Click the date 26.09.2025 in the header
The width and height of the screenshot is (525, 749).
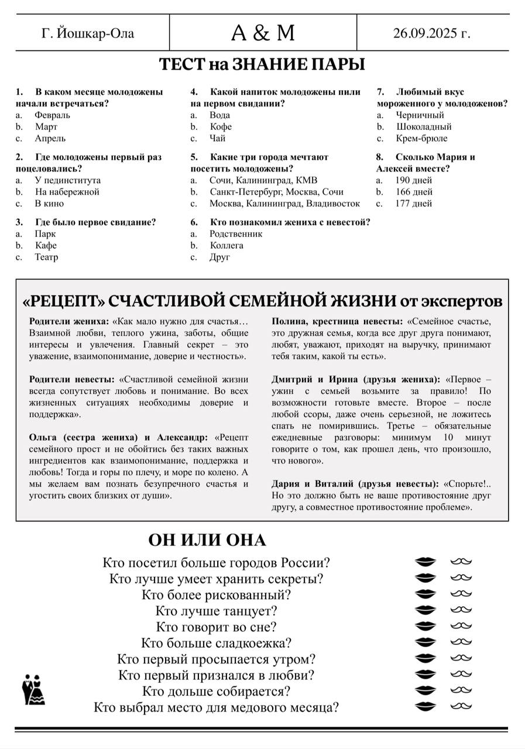[x=432, y=33]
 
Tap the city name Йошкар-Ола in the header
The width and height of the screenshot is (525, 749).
[x=88, y=33]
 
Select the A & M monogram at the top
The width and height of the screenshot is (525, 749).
[x=263, y=33]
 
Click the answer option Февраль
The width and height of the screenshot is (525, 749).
[x=52, y=115]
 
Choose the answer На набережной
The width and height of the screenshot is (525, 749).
[x=67, y=192]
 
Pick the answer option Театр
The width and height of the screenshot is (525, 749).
[x=46, y=257]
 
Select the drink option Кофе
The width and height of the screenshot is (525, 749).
[x=221, y=127]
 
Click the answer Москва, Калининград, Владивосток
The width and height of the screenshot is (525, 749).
[x=284, y=204]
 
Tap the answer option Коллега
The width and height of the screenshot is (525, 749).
[x=227, y=245]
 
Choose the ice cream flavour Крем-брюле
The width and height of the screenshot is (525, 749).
[x=421, y=139]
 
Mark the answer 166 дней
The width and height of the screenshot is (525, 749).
[x=414, y=192]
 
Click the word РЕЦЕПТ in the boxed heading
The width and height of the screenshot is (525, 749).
[x=64, y=301]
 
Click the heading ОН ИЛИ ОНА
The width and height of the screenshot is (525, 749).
[x=207, y=540]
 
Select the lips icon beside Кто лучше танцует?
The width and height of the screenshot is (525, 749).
[x=426, y=611]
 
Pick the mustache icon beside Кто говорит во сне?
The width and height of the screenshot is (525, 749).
[x=461, y=627]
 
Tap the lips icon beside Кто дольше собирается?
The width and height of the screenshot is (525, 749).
[x=426, y=691]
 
